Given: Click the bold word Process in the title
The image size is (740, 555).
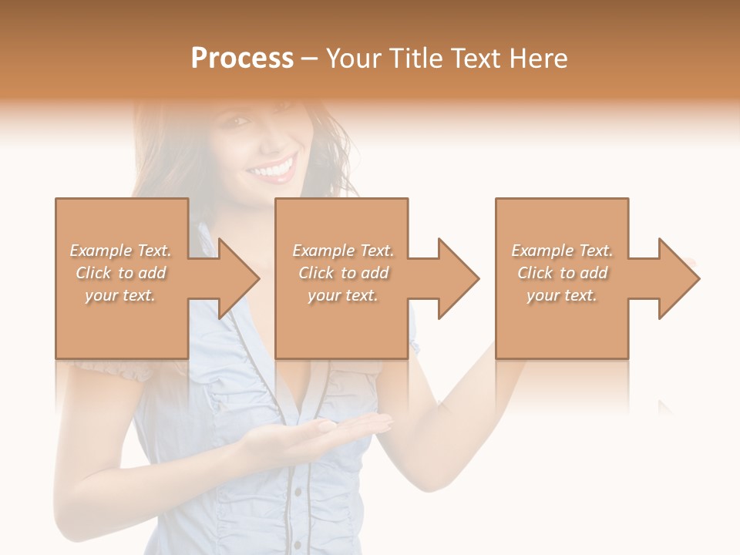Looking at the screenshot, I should pos(242,59).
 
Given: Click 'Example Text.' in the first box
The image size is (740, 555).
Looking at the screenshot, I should pos(120,251).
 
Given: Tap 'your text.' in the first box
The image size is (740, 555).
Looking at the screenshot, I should pos(120,295).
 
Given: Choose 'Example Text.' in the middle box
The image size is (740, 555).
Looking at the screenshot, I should pos(343,251).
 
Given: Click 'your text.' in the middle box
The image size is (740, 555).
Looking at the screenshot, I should pos(343,295).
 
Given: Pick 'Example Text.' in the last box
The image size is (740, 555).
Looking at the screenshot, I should pos(562,251).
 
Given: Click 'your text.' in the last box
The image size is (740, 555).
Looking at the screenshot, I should pos(562,295).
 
